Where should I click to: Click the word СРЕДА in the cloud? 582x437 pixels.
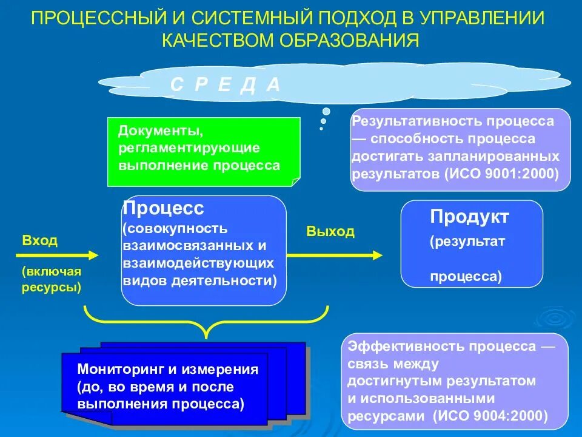pyautogui.click(x=225, y=85)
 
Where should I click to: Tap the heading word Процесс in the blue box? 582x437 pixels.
pyautogui.click(x=164, y=209)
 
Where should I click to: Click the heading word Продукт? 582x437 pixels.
pyautogui.click(x=469, y=217)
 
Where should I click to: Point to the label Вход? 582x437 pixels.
pyautogui.click(x=40, y=241)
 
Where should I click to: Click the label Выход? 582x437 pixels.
pyautogui.click(x=330, y=232)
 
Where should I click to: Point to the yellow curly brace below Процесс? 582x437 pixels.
pyautogui.click(x=206, y=322)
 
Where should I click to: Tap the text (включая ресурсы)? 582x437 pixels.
pyautogui.click(x=52, y=279)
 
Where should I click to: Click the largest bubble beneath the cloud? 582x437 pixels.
pyautogui.click(x=326, y=112)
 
